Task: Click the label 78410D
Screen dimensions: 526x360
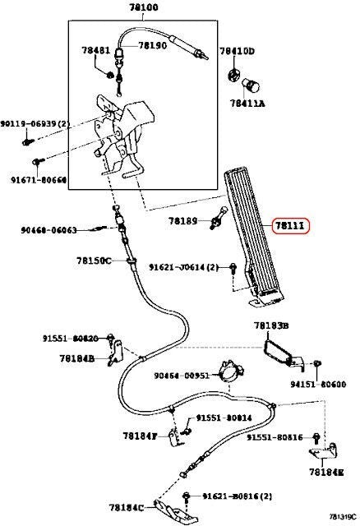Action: [x=238, y=51]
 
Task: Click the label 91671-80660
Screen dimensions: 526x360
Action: [x=39, y=178]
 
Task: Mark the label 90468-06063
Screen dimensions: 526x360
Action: [x=48, y=230]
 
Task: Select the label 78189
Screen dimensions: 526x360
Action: [x=184, y=221]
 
